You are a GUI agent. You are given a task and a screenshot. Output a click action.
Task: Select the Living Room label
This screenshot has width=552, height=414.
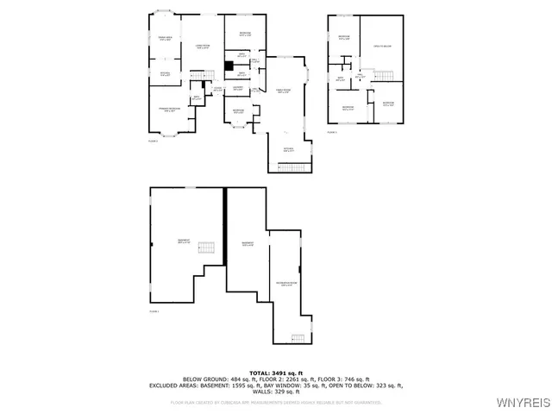tap(204, 47)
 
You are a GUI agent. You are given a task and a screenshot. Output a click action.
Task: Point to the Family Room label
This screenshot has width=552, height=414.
tap(281, 91)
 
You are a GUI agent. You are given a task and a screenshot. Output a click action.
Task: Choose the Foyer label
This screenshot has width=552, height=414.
tap(218, 89)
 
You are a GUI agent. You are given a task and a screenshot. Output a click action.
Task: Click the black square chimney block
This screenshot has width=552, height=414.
tap(229, 66)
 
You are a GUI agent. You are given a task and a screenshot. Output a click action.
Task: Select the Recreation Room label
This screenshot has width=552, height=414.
tap(285, 284)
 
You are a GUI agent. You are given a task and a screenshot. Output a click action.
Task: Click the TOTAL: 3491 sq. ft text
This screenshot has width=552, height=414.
tap(275, 372)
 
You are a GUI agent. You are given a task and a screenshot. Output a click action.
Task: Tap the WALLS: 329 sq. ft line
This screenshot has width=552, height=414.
tap(276, 393)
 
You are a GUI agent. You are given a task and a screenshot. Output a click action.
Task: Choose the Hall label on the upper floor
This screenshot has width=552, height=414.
tap(360, 77)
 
